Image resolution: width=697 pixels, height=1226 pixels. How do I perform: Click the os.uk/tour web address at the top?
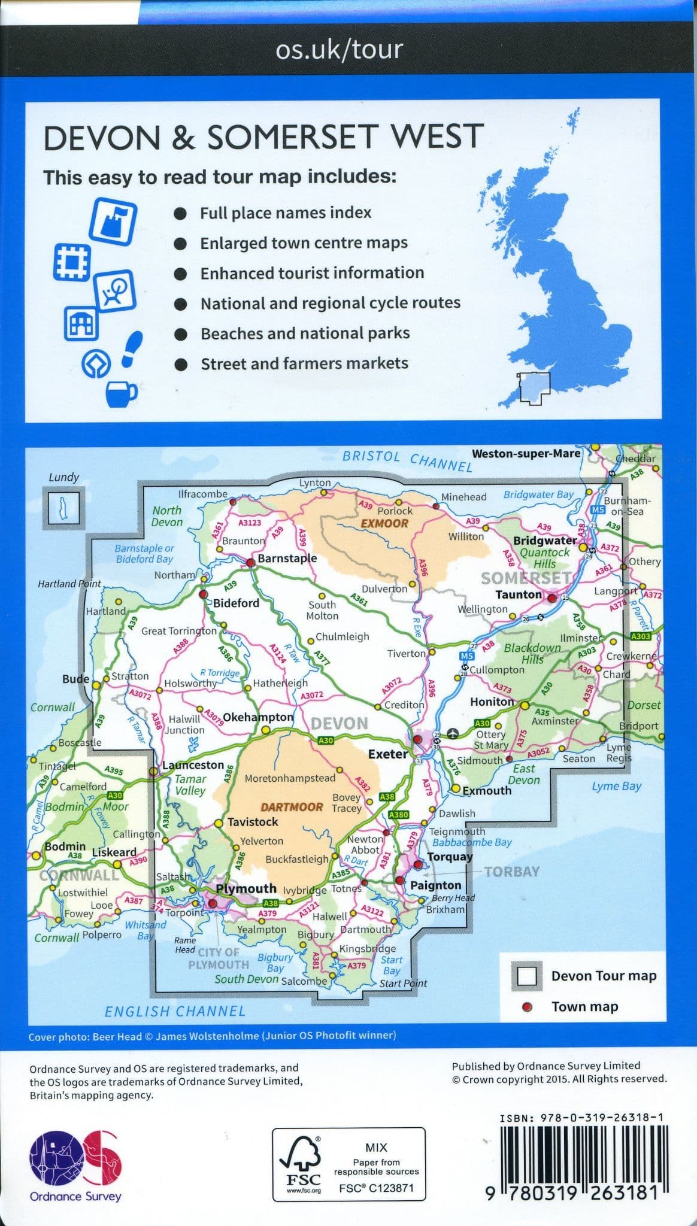pos(339,50)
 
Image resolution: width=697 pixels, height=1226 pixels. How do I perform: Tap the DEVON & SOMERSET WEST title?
pos(263,137)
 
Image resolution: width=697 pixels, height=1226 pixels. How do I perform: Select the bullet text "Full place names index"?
pos(286,213)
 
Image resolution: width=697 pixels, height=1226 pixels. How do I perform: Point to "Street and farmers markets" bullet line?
pos(304,363)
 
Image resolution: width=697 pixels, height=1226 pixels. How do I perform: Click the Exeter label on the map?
pos(388,754)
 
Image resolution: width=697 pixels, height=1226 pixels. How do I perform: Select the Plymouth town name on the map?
pos(246,888)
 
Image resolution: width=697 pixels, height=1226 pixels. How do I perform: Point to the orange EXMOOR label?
pos(384,523)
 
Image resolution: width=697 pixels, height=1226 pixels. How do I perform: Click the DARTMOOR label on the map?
pos(292,807)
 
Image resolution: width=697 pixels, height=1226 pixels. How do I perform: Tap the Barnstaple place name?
pos(287,559)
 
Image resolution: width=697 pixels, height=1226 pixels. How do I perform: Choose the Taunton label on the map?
pos(518,594)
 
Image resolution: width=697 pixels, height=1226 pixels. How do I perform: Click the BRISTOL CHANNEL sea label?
pos(407,460)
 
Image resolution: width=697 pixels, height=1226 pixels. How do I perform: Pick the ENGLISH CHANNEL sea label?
pos(175,1011)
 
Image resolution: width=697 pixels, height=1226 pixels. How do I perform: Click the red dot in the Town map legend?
pos(527,1007)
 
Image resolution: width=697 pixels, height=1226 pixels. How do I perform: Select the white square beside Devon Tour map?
pos(527,976)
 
